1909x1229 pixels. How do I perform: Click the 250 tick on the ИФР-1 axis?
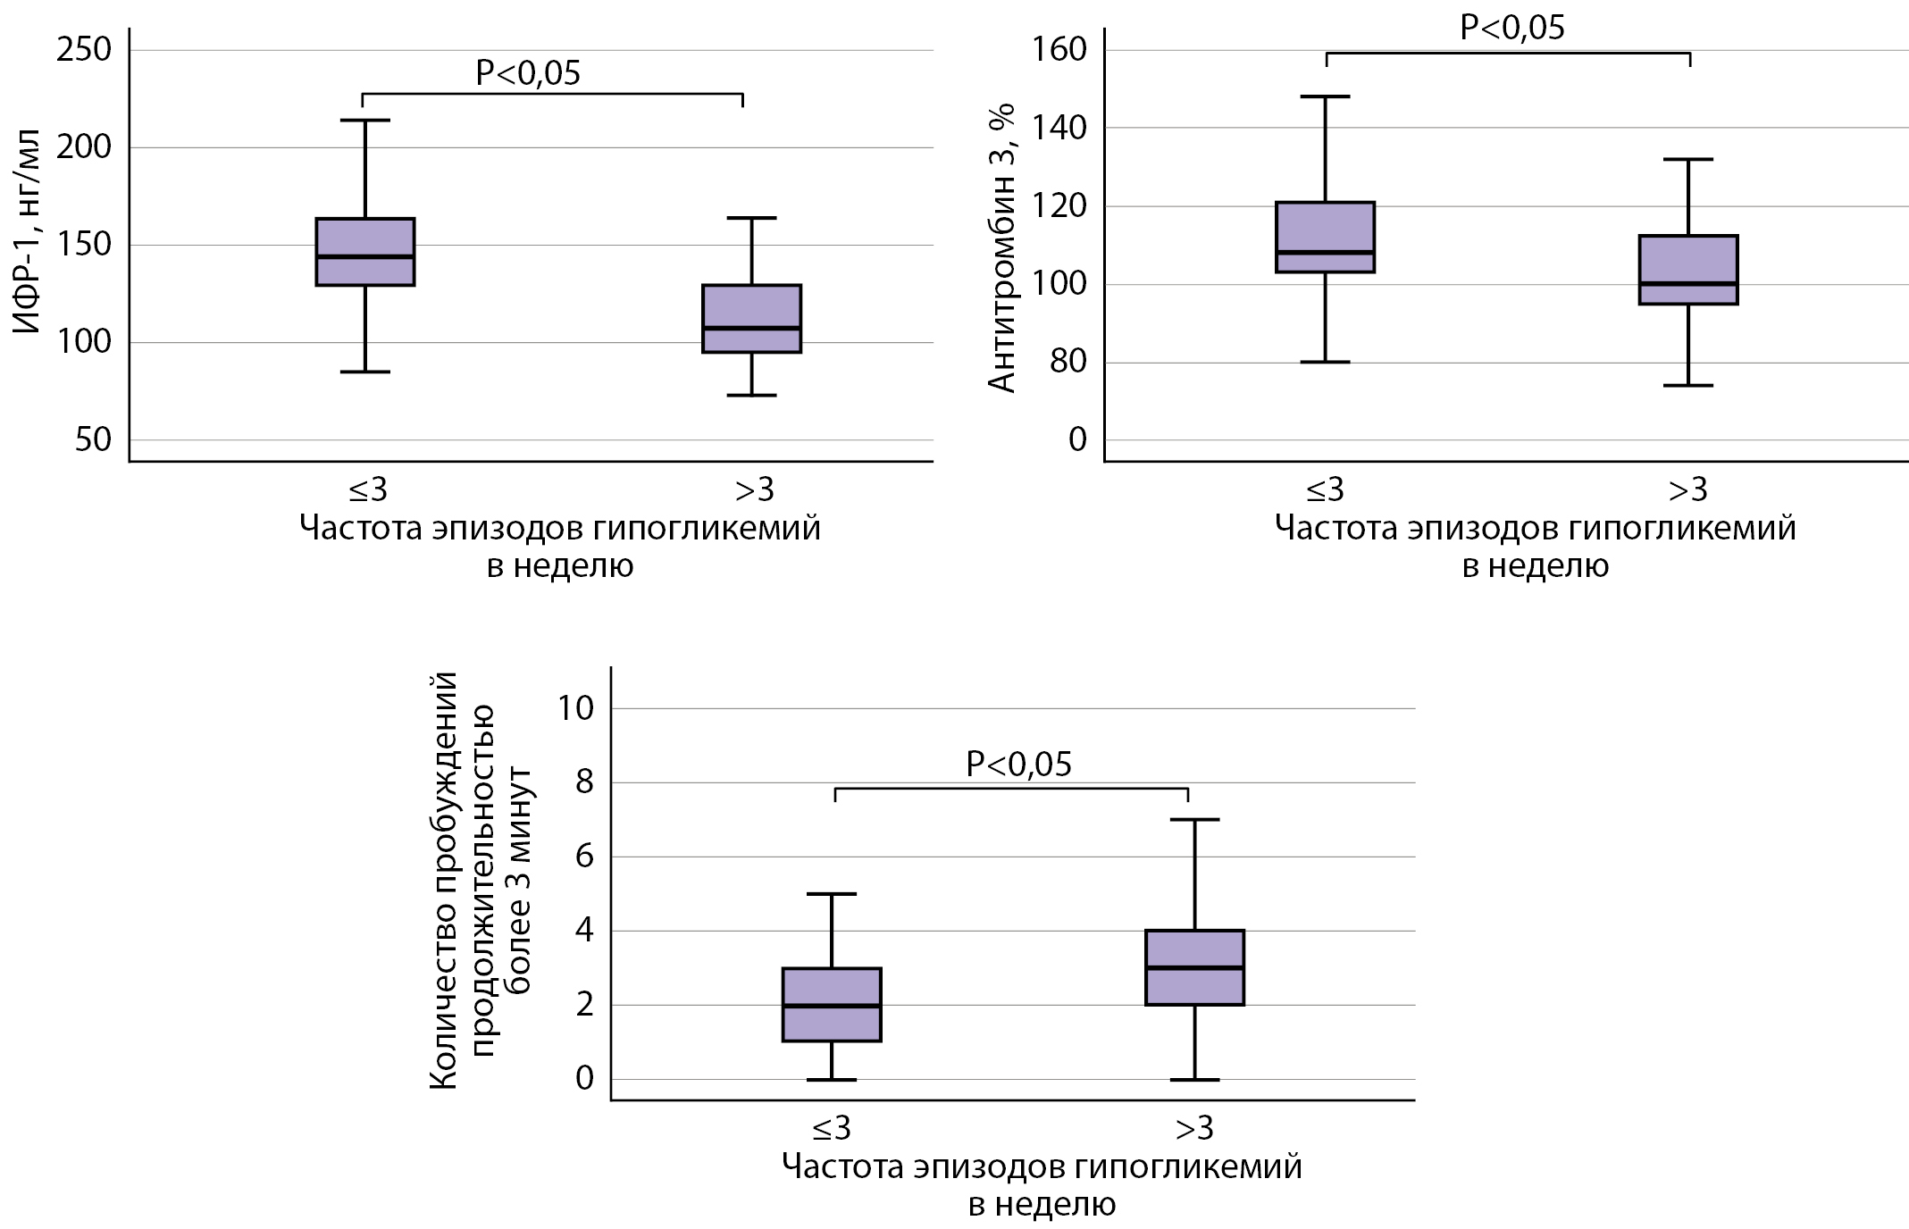tap(84, 49)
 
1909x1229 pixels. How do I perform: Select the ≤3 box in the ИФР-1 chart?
tap(365, 252)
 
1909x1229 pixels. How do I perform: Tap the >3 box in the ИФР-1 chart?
tap(751, 319)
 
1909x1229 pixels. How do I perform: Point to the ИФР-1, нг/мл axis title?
tap(28, 230)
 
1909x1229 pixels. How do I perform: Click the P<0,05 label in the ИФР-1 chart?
tap(527, 73)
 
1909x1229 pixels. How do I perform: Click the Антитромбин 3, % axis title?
tap(1002, 248)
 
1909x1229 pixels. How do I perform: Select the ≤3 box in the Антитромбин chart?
tap(1325, 237)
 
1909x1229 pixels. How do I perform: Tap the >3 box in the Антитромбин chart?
tap(1688, 270)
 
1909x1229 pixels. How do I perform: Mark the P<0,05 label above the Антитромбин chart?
tap(1512, 28)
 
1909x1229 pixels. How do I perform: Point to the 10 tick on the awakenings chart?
tap(574, 708)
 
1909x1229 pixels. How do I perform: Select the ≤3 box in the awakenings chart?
tap(832, 1005)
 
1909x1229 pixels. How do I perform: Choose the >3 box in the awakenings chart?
tap(1194, 968)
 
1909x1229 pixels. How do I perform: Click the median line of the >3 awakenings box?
tap(1194, 967)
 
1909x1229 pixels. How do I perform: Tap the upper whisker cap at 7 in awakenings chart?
tap(1194, 819)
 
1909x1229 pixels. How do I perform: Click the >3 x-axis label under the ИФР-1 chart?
tap(754, 489)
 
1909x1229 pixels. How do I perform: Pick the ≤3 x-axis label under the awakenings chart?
tap(832, 1129)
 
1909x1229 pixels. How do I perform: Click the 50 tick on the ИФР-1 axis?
tap(93, 439)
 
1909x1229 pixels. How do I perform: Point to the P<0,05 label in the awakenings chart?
tap(1018, 765)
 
